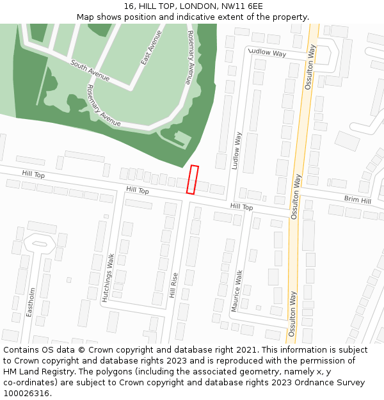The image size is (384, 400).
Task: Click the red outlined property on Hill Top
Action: click(192, 179)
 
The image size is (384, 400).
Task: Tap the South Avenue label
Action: click(90, 72)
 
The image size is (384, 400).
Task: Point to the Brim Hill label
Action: click(357, 200)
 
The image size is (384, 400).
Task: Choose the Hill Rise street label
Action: click(173, 285)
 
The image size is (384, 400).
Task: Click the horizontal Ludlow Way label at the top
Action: click(267, 53)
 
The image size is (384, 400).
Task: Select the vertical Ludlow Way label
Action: click(237, 150)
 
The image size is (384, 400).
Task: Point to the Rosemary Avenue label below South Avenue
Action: click(103, 106)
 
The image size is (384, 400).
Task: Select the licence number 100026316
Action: click(26, 394)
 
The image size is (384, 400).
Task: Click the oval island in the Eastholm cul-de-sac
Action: click(40, 244)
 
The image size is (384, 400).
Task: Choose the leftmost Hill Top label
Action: click(33, 174)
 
